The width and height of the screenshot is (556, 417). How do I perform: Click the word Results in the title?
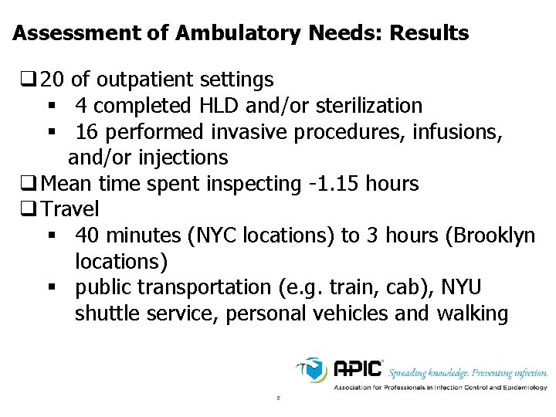click(x=429, y=34)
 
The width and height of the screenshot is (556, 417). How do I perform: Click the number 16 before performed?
click(x=86, y=132)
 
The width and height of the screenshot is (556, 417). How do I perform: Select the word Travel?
click(x=70, y=209)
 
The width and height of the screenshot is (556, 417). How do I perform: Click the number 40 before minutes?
click(x=87, y=236)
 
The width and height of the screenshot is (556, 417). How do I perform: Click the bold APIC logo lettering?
click(x=358, y=368)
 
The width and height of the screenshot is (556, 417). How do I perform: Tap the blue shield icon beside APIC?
click(x=314, y=369)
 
